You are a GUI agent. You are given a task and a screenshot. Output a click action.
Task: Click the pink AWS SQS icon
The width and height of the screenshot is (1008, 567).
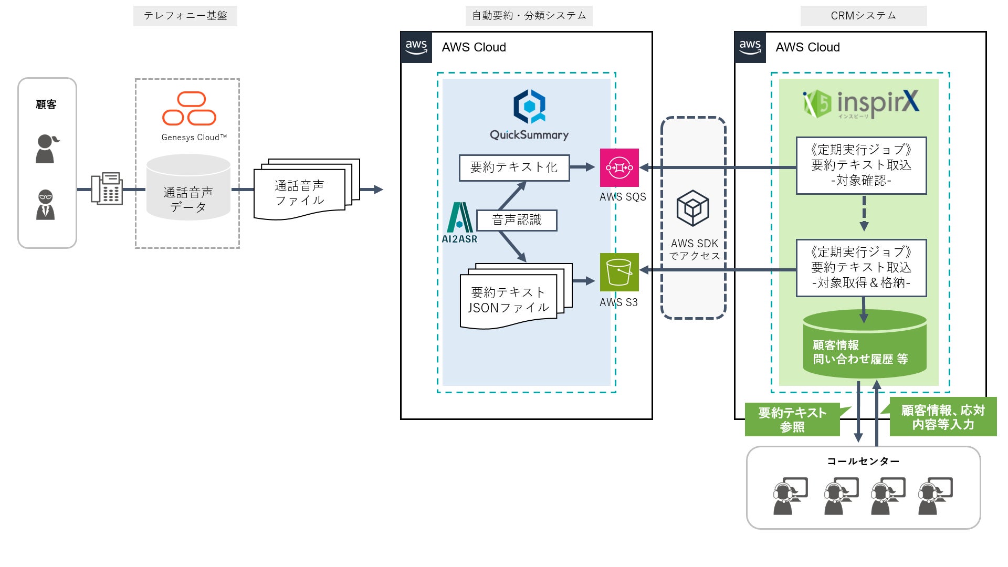point(619,167)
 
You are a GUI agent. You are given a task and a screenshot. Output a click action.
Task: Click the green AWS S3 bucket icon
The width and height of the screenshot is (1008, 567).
point(619,272)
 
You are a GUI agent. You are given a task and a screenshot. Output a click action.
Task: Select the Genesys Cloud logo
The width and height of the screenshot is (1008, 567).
point(189,109)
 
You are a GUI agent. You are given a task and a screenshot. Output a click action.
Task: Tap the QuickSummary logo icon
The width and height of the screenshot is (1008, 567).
point(529,106)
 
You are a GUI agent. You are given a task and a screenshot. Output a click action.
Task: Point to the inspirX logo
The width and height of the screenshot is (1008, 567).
point(861,103)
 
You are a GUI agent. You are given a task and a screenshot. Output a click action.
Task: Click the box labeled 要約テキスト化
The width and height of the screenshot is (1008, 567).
point(514,167)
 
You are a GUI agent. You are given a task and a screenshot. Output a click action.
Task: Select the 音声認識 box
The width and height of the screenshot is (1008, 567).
point(517,220)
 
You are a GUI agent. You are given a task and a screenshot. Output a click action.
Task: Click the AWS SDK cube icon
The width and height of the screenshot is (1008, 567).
point(693,208)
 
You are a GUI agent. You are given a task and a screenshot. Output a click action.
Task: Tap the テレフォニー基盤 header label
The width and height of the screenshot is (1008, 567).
point(185,16)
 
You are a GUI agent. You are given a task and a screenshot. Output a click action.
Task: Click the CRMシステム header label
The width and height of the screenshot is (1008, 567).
point(863,16)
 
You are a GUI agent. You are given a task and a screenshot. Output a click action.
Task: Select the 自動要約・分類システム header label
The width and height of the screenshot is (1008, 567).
point(529,16)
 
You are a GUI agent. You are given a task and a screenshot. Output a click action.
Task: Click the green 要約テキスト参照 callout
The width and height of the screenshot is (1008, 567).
point(792,419)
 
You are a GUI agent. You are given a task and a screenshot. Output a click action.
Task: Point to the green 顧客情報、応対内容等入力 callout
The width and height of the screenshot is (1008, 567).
point(943,417)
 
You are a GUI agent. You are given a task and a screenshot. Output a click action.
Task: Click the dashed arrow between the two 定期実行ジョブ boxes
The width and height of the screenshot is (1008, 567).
point(864,213)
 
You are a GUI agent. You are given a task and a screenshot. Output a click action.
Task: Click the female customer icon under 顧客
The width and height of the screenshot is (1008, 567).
point(46,149)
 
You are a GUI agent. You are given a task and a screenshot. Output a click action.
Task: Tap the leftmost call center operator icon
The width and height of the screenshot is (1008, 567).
point(787,496)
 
